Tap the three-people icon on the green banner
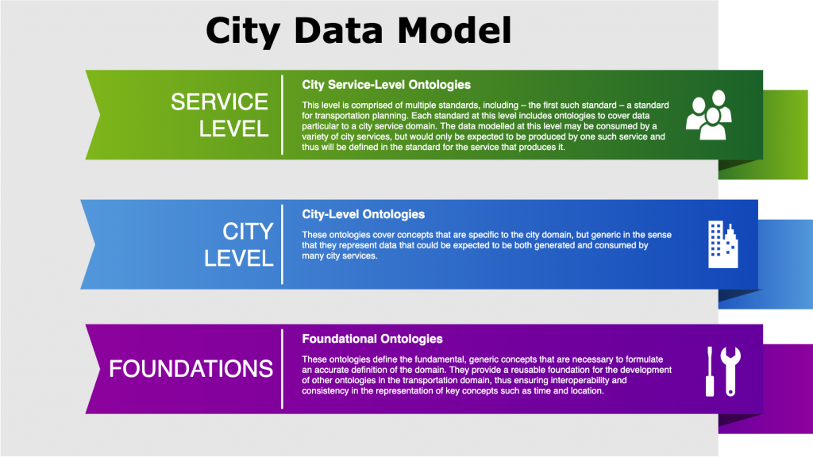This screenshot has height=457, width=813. pos(708,116)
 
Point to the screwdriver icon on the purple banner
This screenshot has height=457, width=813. pos(709,372)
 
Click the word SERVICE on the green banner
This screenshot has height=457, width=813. pos(220,102)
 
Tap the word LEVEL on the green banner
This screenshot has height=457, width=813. pos(233,129)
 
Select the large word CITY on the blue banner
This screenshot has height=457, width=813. pos(248,232)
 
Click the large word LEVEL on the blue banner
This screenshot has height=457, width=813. pos(239,259)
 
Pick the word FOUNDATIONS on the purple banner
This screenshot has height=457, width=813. pos(191,369)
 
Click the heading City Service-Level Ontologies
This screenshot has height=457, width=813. pos(386,85)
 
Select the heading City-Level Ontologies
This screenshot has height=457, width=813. pos(363,214)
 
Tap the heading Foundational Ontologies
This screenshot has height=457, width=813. pos(372,339)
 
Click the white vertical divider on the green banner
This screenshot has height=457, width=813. pos(282,116)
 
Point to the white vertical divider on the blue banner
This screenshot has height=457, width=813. pos(282,244)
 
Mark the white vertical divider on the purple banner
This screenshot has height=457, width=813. pos(282,369)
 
